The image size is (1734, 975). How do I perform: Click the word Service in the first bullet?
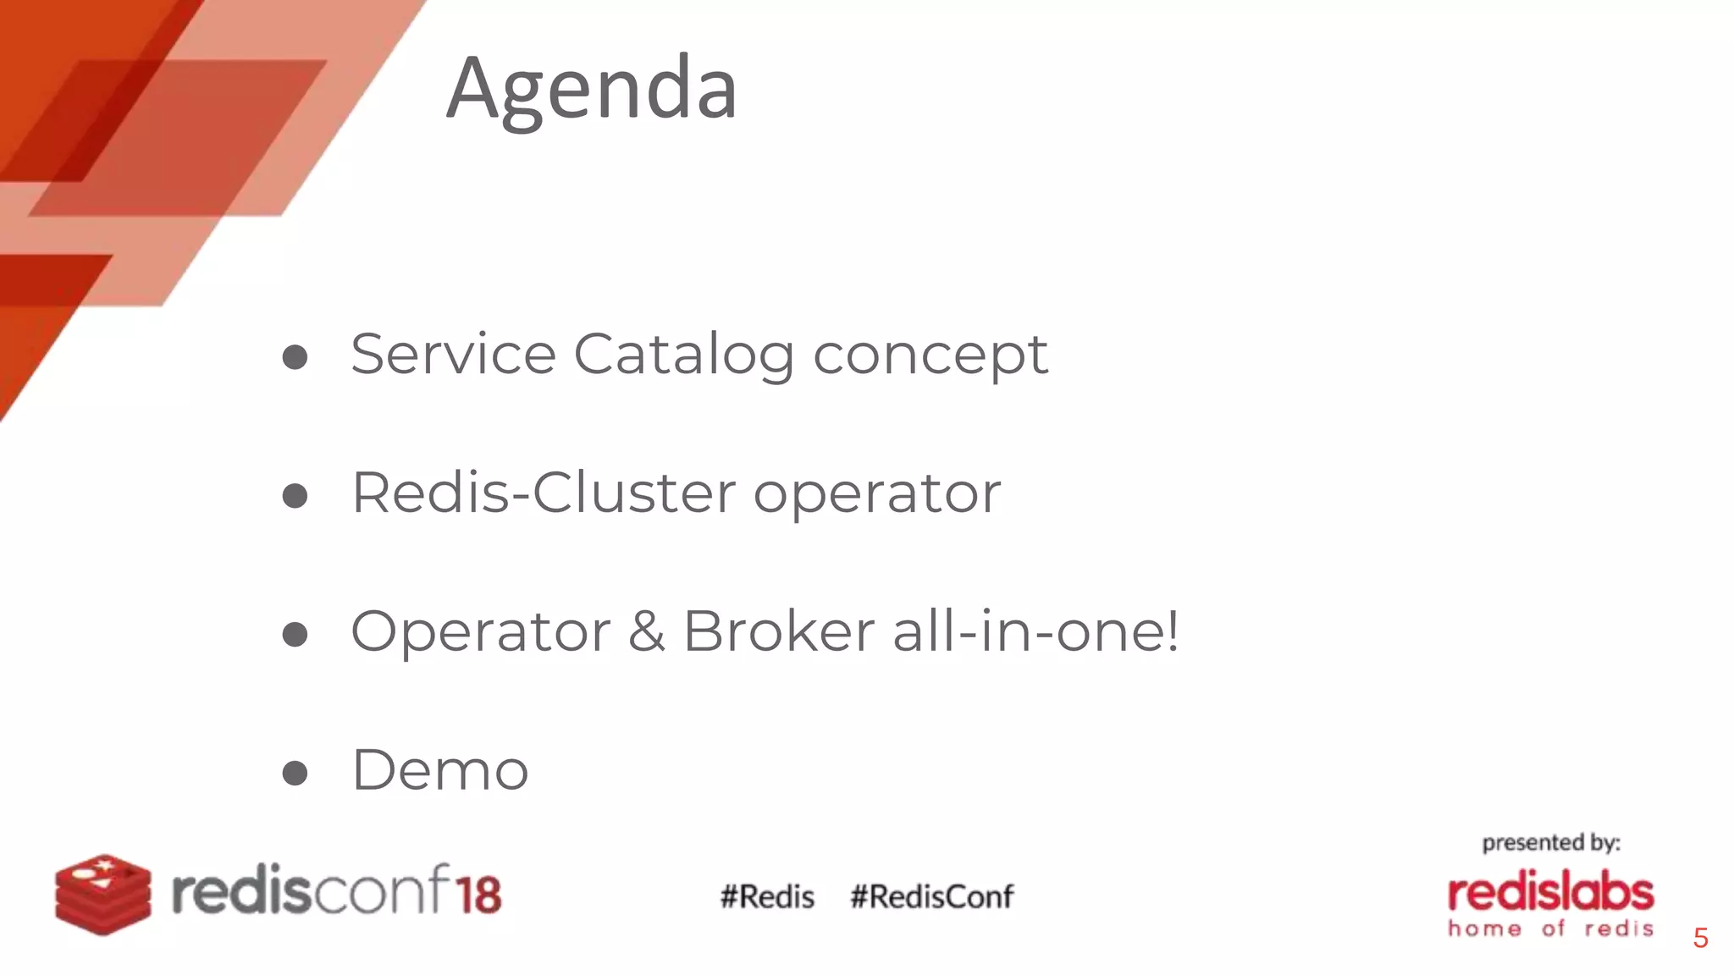pos(453,354)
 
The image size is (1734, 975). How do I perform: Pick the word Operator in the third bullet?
pos(480,631)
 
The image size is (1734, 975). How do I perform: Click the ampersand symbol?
pos(646,631)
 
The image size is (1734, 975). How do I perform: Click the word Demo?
pos(440,770)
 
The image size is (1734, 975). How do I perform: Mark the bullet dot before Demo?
pos(295,772)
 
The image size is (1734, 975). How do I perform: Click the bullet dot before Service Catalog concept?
pos(295,356)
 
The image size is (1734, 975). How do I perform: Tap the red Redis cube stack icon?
pos(102,894)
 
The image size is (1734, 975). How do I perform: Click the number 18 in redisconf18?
pos(478,894)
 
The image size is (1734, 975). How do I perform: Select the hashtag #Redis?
pos(767,896)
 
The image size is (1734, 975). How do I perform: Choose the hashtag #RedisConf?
pos(931,896)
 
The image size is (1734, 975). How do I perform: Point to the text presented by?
pos(1550,843)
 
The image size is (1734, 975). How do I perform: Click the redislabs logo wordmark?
pos(1550,894)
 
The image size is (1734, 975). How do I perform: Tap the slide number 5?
pos(1700,938)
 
